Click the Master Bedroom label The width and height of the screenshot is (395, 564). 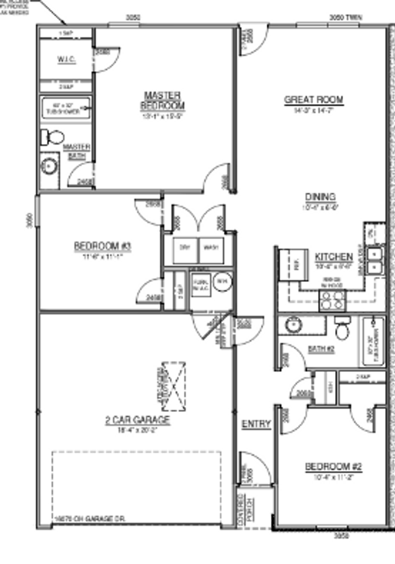(162, 100)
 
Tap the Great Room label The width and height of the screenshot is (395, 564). (313, 100)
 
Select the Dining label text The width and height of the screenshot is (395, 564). (320, 197)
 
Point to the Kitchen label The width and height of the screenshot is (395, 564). (333, 257)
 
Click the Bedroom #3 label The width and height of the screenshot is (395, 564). (102, 246)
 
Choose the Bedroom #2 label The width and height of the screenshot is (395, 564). (333, 466)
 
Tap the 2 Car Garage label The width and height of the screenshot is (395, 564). (137, 420)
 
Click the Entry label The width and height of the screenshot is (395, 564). (256, 424)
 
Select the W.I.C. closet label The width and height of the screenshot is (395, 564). (65, 60)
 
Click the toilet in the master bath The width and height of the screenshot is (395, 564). (53, 137)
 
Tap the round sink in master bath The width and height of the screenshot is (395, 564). (49, 166)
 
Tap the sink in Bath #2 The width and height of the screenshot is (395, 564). (293, 325)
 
